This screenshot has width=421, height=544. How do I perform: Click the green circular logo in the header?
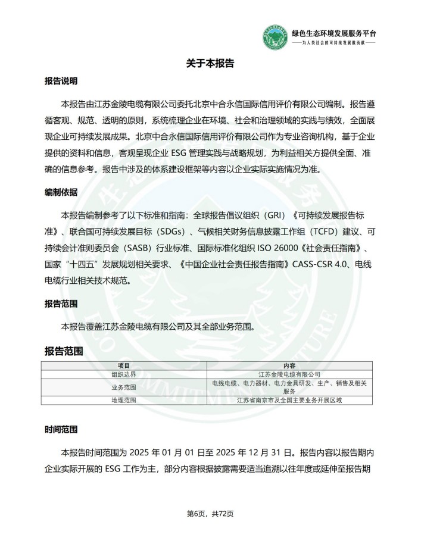point(275,37)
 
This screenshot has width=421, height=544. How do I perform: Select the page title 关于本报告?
point(210,63)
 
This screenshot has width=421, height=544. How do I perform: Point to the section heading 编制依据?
point(61,193)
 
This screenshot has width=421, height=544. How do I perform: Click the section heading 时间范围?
point(61,429)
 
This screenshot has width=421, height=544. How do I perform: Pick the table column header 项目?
point(123,365)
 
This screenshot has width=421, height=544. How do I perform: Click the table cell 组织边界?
point(123,374)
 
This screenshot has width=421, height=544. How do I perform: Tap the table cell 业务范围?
point(123,387)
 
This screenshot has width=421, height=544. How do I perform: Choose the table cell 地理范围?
point(123,400)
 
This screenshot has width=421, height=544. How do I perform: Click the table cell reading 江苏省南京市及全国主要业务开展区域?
point(289,400)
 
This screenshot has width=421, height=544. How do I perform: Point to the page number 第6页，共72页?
point(210,514)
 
